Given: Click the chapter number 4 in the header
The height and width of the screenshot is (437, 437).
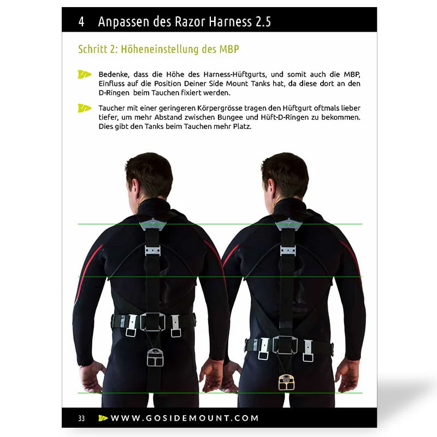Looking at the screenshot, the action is click(x=81, y=22).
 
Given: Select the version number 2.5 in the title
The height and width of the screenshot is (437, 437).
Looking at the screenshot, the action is click(x=263, y=22).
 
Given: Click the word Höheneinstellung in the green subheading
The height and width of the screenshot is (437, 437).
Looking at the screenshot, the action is click(x=160, y=49).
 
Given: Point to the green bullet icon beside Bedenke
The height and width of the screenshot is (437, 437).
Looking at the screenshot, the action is click(x=85, y=74).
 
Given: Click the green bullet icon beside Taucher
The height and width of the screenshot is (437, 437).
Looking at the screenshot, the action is click(x=85, y=108).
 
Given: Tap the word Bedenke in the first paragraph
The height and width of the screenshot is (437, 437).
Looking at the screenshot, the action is click(x=114, y=74).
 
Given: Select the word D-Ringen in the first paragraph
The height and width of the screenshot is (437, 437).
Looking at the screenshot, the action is click(x=114, y=93).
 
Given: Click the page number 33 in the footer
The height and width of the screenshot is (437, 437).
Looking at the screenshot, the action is click(x=81, y=418).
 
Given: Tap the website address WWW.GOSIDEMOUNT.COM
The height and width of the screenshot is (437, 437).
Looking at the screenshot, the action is click(x=185, y=418).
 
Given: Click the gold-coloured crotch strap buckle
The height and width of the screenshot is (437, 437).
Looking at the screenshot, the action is click(x=286, y=382).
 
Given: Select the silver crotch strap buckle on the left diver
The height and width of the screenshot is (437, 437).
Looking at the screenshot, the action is click(x=155, y=357).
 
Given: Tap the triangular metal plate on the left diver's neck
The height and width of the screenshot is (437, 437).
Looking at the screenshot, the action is click(x=152, y=224).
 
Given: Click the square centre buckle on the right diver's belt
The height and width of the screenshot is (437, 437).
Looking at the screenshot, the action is click(x=285, y=345).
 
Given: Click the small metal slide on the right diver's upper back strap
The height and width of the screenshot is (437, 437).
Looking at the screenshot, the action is click(x=288, y=251).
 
